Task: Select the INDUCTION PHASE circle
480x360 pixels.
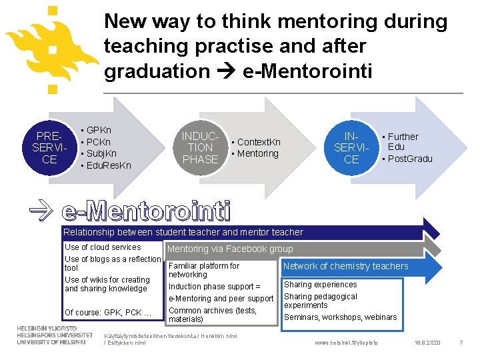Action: click(x=201, y=147)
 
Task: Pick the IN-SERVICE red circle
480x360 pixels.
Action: click(x=351, y=147)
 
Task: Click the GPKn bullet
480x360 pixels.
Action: click(x=99, y=130)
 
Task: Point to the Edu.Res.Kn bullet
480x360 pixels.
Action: click(x=108, y=165)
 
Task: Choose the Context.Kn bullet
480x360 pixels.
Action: click(x=258, y=142)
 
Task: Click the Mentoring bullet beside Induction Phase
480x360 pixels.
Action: click(x=257, y=153)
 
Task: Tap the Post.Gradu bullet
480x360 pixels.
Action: click(x=409, y=159)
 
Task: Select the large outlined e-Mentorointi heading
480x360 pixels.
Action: click(x=146, y=211)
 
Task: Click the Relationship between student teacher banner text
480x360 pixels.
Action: click(x=183, y=232)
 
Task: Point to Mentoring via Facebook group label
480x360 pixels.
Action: click(x=229, y=249)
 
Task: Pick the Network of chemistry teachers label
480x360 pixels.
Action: click(x=346, y=266)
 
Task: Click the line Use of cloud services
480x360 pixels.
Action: click(x=103, y=247)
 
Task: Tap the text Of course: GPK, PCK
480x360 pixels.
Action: click(x=108, y=312)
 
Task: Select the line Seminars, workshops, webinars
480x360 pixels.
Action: click(x=340, y=317)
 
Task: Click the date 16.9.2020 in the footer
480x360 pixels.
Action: click(x=427, y=342)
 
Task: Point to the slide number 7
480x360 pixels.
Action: click(x=461, y=342)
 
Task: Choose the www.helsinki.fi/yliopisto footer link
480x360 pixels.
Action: click(x=345, y=342)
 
